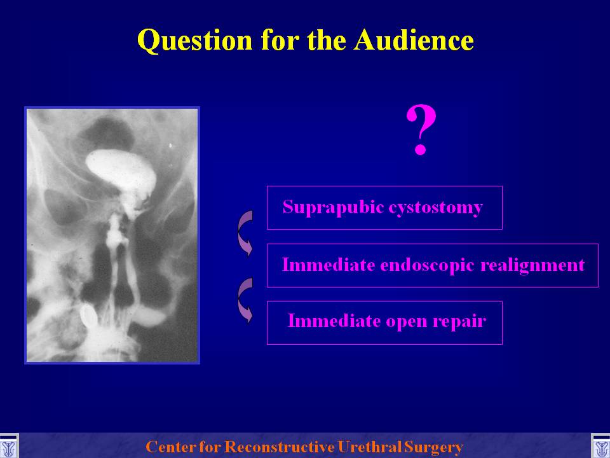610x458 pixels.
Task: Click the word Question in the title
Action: [195, 41]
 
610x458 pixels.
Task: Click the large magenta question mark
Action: [421, 130]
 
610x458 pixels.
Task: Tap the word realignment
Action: [532, 266]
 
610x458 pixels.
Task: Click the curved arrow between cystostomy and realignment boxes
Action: [241, 233]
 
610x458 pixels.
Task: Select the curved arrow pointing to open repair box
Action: [241, 300]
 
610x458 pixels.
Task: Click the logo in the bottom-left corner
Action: [8, 447]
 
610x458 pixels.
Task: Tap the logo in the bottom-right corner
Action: [600, 447]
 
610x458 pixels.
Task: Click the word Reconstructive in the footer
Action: [280, 447]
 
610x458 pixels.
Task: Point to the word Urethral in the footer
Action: [370, 447]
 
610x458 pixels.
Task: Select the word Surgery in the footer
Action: [433, 447]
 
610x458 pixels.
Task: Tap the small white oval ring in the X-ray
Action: [88, 316]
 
